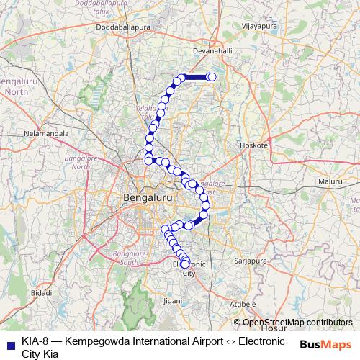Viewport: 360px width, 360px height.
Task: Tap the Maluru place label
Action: click(330, 182)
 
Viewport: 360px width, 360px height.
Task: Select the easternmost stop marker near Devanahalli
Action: click(212, 77)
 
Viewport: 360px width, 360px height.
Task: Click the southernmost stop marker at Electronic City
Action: click(185, 264)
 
